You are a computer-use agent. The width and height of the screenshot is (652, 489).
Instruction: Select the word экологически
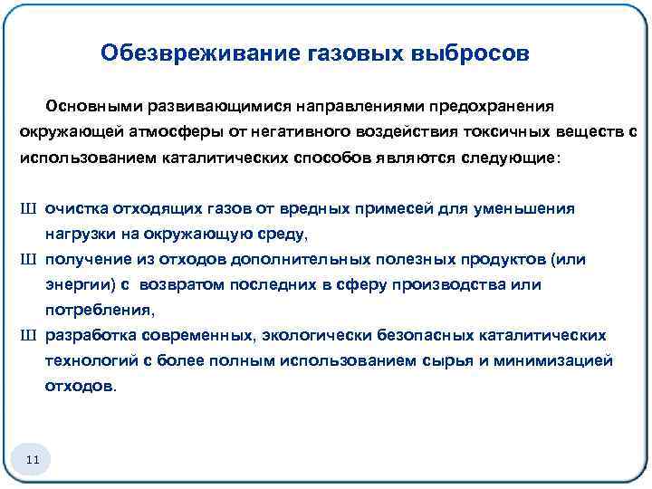[x=308, y=335]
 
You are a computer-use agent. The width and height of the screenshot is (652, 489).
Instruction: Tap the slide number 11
[x=33, y=462]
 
